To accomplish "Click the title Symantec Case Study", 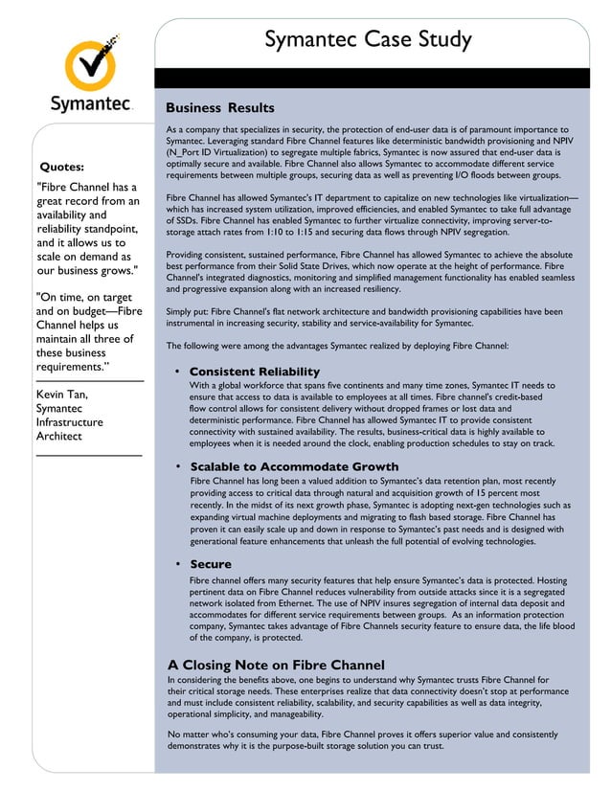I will (x=368, y=40).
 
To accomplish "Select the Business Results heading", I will (x=220, y=108).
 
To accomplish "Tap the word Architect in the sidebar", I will (x=58, y=436).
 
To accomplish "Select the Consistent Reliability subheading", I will (x=255, y=372).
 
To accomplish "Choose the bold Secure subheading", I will (x=211, y=564).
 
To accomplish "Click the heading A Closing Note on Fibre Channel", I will (x=276, y=665).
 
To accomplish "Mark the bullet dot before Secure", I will (x=178, y=564).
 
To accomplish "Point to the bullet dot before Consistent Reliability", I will (x=178, y=372).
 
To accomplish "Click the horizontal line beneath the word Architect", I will (x=88, y=453).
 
